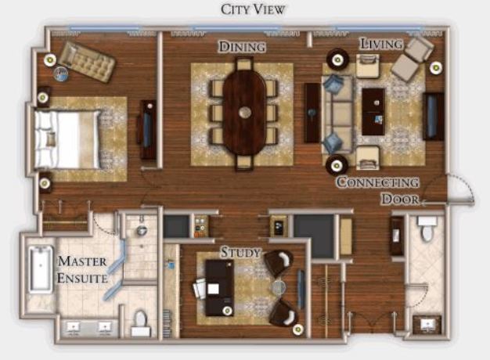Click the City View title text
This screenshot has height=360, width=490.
pyautogui.click(x=253, y=9)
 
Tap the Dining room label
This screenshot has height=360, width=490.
pyautogui.click(x=242, y=46)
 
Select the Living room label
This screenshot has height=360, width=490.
pyautogui.click(x=381, y=44)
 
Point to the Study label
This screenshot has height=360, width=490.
pyautogui.click(x=240, y=252)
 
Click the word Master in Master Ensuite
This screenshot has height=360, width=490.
pyautogui.click(x=82, y=261)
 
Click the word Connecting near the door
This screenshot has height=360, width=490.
pyautogui.click(x=377, y=182)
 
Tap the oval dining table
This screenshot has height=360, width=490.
pyautogui.click(x=245, y=113)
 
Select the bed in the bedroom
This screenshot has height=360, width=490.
pyautogui.click(x=68, y=139)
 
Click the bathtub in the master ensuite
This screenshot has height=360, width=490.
pyautogui.click(x=41, y=269)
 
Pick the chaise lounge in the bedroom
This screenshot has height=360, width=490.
pyautogui.click(x=87, y=62)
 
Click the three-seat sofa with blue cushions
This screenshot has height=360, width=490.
pyautogui.click(x=337, y=114)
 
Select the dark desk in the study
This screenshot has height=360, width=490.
pyautogui.click(x=219, y=287)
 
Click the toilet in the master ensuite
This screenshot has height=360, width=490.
pyautogui.click(x=141, y=323)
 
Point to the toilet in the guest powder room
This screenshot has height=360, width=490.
pyautogui.click(x=427, y=229)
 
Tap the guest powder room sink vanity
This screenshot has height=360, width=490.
pyautogui.click(x=427, y=325)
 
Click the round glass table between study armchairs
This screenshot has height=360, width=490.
pyautogui.click(x=279, y=287)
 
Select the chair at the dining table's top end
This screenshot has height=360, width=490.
pyautogui.click(x=244, y=64)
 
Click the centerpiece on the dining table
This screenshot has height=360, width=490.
pyautogui.click(x=245, y=113)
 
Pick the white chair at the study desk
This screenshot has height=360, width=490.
pyautogui.click(x=200, y=289)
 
